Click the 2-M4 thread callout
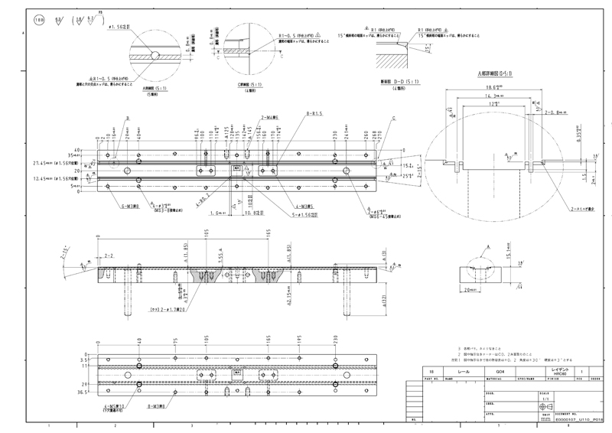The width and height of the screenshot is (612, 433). [247, 119]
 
